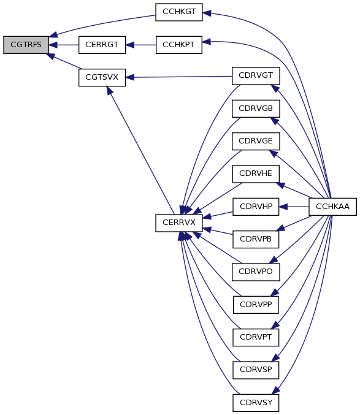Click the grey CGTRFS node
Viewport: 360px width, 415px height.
pyautogui.click(x=26, y=45)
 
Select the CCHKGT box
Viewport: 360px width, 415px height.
pyautogui.click(x=179, y=12)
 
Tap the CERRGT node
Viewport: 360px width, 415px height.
pyautogui.click(x=102, y=45)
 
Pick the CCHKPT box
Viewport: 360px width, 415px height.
pyautogui.click(x=179, y=45)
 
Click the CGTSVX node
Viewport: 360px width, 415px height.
pyautogui.click(x=102, y=78)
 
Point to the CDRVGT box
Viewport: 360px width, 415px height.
pyautogui.click(x=256, y=76)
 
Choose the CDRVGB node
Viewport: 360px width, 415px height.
pyautogui.click(x=256, y=109)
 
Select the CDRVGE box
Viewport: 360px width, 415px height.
pyautogui.click(x=256, y=141)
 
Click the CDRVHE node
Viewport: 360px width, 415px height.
pyautogui.click(x=256, y=174)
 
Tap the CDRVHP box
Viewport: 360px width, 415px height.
pyautogui.click(x=256, y=207)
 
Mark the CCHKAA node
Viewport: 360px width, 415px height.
pyautogui.click(x=333, y=207)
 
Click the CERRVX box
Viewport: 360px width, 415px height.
pyautogui.click(x=179, y=223)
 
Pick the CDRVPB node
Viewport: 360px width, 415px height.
pyautogui.click(x=256, y=239)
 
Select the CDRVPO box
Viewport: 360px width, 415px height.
pyautogui.click(x=256, y=272)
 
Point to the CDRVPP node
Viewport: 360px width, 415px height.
pyautogui.click(x=256, y=305)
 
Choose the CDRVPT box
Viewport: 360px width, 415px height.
pyautogui.click(x=256, y=337)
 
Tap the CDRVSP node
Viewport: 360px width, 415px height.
pyautogui.click(x=256, y=370)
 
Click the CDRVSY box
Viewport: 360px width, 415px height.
pyautogui.click(x=256, y=403)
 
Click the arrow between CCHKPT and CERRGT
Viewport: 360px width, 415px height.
pyautogui.click(x=141, y=45)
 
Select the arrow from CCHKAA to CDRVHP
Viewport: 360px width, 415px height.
pyautogui.click(x=294, y=207)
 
